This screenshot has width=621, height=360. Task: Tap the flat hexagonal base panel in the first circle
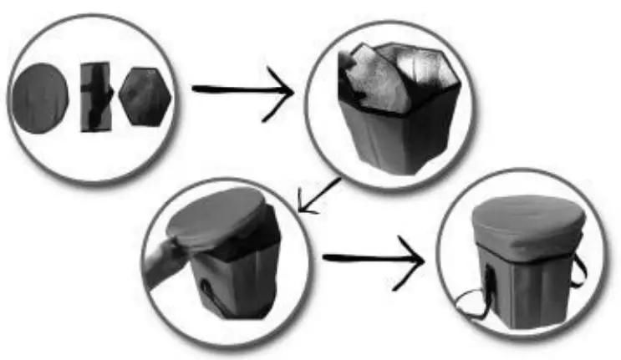[x=145, y=97]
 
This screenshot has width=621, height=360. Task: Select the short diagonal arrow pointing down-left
[x=318, y=195]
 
